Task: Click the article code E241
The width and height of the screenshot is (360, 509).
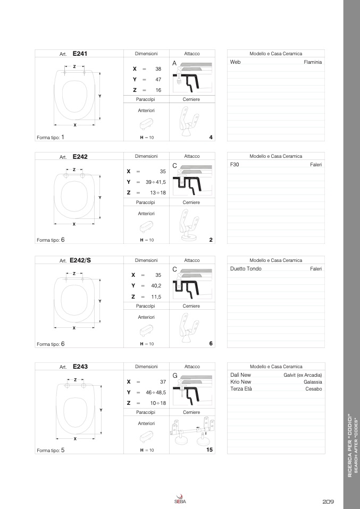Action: point(80,53)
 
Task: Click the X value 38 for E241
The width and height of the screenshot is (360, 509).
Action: point(158,69)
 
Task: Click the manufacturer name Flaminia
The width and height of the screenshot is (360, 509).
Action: point(313,62)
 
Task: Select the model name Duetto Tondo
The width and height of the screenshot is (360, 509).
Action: point(246,269)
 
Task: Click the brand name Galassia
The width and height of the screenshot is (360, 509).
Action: point(313,382)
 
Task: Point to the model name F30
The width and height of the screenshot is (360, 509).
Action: point(235,165)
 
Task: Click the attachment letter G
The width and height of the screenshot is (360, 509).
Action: point(174,376)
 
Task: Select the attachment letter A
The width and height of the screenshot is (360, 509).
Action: point(174,63)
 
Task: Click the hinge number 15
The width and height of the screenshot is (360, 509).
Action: point(210,449)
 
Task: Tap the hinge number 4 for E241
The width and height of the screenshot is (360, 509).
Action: point(211,138)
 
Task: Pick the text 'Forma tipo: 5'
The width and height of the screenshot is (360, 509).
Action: point(51,450)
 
